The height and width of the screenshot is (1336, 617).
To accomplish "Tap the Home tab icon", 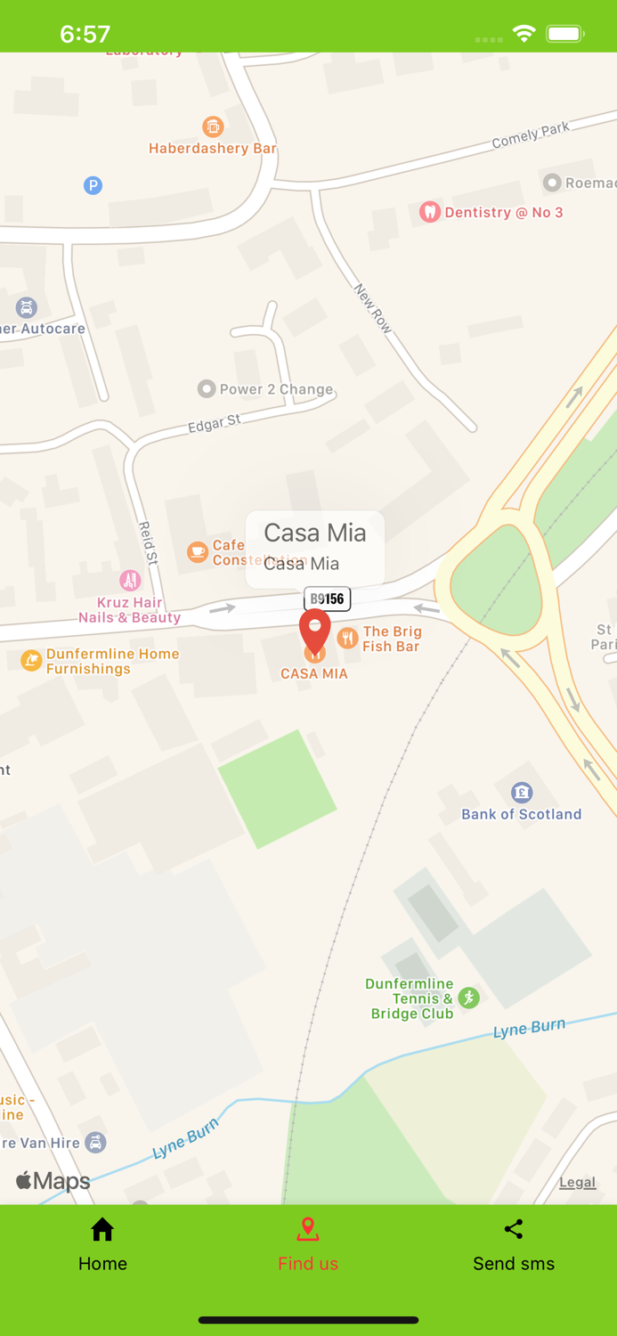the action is pyautogui.click(x=102, y=1230).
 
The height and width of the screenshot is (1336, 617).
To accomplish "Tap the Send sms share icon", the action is pyautogui.click(x=514, y=1230).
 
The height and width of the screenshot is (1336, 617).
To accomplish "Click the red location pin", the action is pyautogui.click(x=314, y=631).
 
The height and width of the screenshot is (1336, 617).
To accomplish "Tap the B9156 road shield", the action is pyautogui.click(x=328, y=599).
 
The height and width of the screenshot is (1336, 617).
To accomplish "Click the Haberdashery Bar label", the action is pyautogui.click(x=213, y=149).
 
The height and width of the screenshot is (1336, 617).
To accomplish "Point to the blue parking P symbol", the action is pyautogui.click(x=93, y=185).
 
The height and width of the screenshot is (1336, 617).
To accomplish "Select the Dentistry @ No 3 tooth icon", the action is pyautogui.click(x=430, y=212).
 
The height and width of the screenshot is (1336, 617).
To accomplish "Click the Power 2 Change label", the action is pyautogui.click(x=276, y=389).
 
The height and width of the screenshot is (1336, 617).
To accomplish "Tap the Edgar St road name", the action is pyautogui.click(x=214, y=424).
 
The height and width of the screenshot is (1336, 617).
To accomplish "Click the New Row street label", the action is pyautogui.click(x=373, y=309).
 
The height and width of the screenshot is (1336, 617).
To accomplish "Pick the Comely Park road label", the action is pyautogui.click(x=531, y=135).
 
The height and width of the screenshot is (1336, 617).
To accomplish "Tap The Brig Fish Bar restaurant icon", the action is pyautogui.click(x=348, y=637).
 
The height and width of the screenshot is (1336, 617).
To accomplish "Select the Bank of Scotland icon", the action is pyautogui.click(x=522, y=792).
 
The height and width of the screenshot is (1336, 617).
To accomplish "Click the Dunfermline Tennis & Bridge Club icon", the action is pyautogui.click(x=469, y=998).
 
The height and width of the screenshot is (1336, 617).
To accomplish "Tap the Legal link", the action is pyautogui.click(x=577, y=1183).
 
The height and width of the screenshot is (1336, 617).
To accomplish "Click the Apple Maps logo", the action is pyautogui.click(x=53, y=1182).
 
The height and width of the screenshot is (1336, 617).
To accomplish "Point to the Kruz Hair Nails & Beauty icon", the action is pyautogui.click(x=130, y=581).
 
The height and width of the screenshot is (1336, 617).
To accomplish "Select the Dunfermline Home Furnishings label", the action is pyautogui.click(x=113, y=661).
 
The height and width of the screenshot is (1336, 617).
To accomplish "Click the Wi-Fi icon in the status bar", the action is pyautogui.click(x=524, y=34).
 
